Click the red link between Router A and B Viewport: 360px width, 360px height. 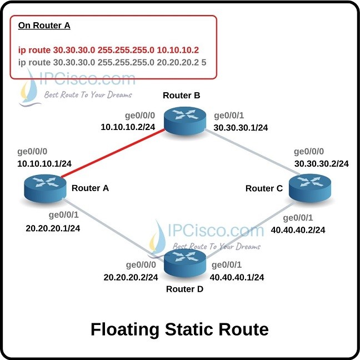111,154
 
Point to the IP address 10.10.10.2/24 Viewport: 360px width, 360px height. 127,128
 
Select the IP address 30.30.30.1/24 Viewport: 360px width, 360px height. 241,127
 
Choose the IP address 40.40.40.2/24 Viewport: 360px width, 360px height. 298,229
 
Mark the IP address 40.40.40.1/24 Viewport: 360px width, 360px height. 237,277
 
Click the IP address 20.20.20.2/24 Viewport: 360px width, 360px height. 131,277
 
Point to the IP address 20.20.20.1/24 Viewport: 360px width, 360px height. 53,228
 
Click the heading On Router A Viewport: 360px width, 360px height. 44,25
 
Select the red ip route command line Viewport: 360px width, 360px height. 108,49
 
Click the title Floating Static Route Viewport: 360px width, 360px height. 179,329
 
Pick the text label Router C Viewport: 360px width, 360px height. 264,189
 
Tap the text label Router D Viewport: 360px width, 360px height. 184,289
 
